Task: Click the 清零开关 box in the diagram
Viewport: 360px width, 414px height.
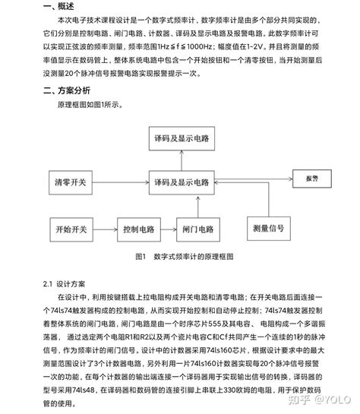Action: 71,182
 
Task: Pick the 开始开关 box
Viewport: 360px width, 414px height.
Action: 71,227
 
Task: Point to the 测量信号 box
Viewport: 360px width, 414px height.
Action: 267,227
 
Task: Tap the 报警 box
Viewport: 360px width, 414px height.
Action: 310,179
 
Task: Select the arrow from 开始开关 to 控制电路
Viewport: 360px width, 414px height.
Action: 106,227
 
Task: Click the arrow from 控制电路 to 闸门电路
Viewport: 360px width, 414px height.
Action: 166,227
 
